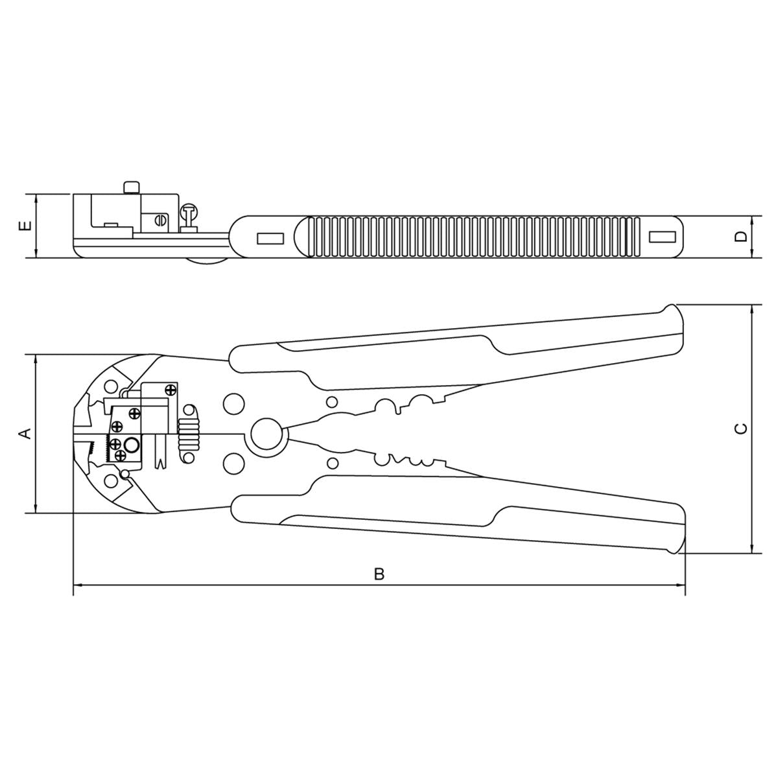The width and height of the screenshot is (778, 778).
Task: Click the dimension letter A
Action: click(25, 433)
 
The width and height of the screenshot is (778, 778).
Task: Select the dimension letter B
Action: click(380, 574)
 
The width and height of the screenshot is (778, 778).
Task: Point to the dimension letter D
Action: click(741, 237)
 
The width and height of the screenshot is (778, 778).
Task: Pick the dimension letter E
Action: click(25, 226)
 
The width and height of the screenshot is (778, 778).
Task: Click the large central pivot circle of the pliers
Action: click(266, 434)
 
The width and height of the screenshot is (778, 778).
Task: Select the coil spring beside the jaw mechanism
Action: click(190, 428)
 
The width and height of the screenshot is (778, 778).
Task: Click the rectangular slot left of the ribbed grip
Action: click(270, 239)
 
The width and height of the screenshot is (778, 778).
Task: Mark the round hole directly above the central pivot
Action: click(233, 404)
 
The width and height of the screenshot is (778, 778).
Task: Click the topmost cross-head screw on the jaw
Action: click(171, 390)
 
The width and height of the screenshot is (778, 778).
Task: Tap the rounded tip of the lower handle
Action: click(678, 545)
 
